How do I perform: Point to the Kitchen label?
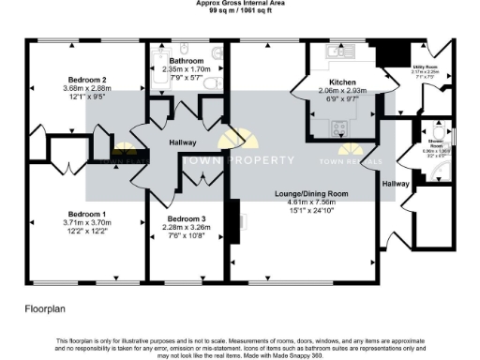[342, 82]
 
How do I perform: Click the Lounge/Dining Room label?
[305, 193]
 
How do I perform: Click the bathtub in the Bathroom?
[156, 79]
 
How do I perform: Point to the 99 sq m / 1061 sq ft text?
[240, 10]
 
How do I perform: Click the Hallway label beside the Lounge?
[395, 184]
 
